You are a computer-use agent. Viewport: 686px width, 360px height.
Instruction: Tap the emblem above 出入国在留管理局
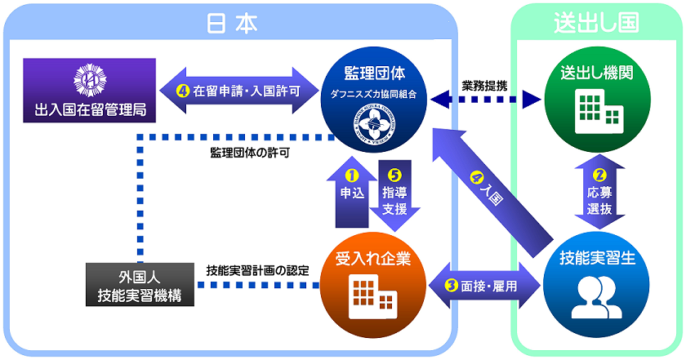(x=90, y=78)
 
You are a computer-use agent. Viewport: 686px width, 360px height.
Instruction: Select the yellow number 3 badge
(x=452, y=285)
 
